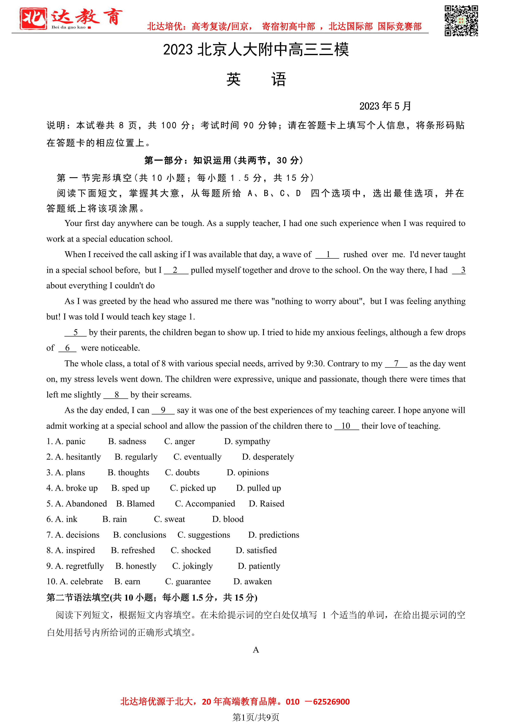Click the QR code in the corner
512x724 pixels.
tap(461, 21)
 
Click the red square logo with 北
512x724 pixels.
tap(33, 19)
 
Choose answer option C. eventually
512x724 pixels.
tap(197, 457)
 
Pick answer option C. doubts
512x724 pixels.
tap(182, 472)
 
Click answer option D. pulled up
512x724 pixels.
tap(259, 488)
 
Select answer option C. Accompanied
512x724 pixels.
tap(205, 504)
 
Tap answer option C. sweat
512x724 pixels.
tap(169, 519)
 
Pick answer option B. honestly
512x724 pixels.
tap(136, 566)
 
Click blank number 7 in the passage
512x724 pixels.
tap(396, 364)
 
